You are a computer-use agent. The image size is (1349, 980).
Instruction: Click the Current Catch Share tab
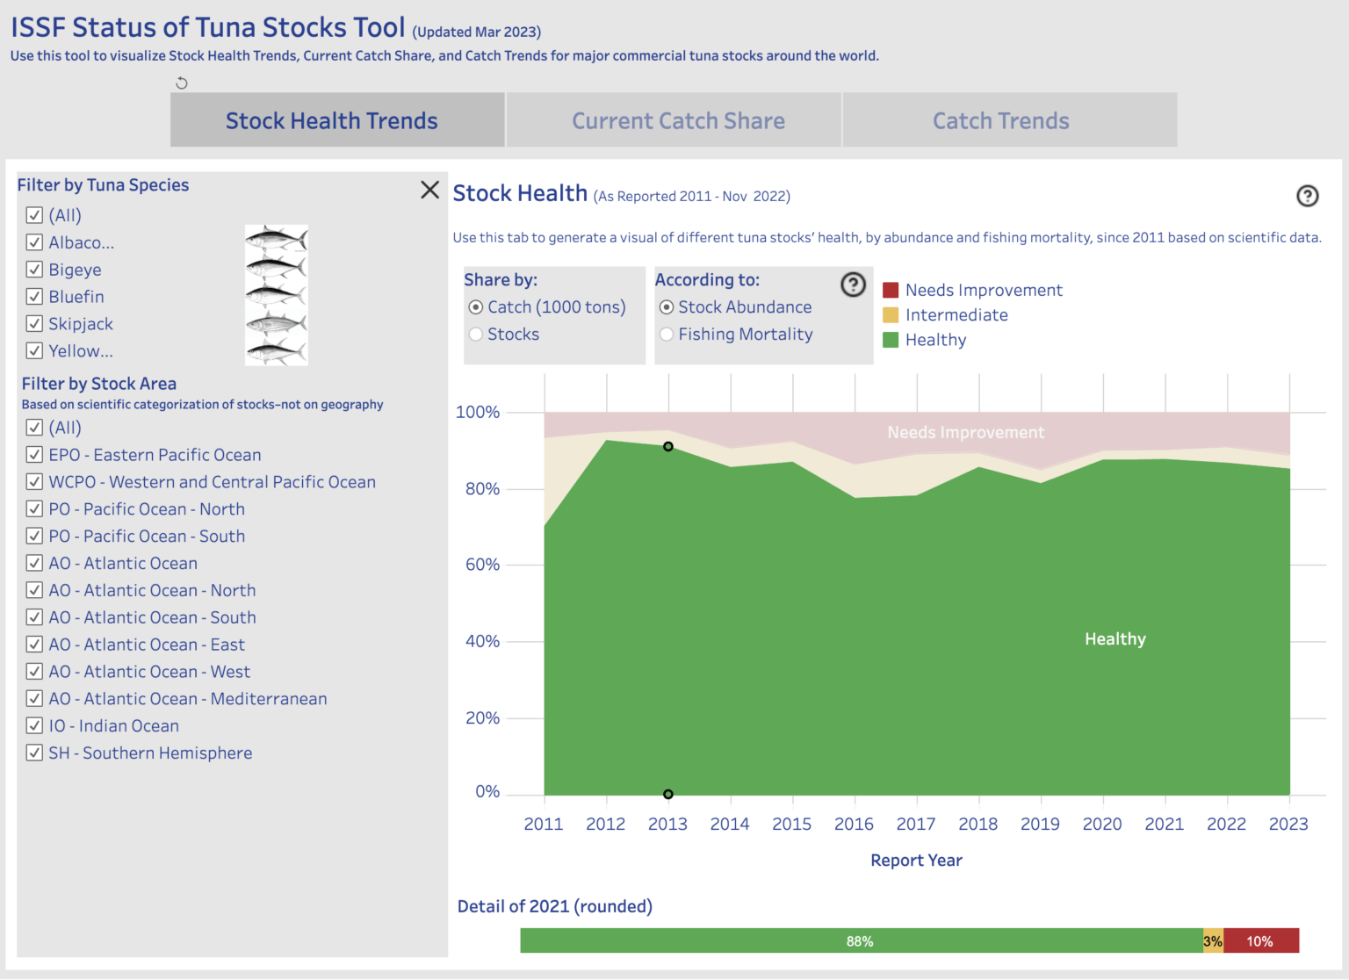point(678,121)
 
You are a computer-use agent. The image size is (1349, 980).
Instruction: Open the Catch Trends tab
point(1000,121)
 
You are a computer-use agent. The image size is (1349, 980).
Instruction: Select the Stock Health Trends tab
point(331,121)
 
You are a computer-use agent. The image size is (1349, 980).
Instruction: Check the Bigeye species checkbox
point(35,270)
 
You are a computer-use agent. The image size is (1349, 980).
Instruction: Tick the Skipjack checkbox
point(35,324)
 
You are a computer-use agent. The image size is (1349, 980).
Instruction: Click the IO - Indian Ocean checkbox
point(35,726)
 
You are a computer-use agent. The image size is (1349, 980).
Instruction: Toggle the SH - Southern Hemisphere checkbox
point(35,753)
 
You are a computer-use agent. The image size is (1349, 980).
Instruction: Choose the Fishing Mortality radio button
point(667,335)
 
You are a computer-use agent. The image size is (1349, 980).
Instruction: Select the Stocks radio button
point(476,335)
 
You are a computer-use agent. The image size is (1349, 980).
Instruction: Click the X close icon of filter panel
point(429,190)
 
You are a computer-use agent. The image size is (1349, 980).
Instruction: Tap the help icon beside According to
point(853,285)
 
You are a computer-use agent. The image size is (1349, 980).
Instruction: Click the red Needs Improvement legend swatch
point(891,291)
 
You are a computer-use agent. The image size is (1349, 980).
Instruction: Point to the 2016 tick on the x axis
point(854,824)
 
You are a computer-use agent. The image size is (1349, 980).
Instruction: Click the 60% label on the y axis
point(482,565)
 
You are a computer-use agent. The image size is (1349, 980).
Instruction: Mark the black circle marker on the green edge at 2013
point(668,447)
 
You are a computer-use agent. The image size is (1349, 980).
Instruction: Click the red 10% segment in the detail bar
point(1260,941)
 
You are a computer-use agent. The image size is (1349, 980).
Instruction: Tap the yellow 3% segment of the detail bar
point(1213,941)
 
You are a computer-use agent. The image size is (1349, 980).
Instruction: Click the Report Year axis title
point(916,861)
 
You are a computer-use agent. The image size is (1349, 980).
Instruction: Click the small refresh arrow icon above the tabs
point(182,83)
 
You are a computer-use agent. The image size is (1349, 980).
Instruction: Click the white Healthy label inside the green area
point(1115,639)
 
